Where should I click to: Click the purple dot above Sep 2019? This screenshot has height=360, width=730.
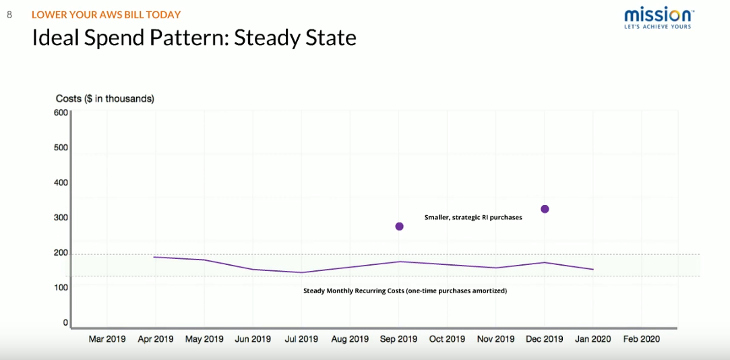click(399, 227)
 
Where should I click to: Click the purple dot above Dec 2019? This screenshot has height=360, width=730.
click(545, 209)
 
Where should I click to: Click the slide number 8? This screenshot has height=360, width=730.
click(9, 14)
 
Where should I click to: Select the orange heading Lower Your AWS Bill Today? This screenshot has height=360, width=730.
click(106, 14)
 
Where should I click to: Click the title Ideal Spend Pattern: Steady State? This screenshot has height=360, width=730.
click(194, 38)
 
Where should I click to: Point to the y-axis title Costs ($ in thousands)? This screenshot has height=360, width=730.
click(105, 98)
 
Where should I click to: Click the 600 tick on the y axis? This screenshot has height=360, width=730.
click(61, 113)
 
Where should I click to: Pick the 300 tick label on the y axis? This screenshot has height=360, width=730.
click(61, 218)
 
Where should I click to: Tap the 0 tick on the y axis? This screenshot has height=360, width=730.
click(65, 323)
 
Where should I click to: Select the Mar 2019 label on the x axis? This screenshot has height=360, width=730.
click(107, 339)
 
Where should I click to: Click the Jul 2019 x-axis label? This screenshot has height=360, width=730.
click(301, 339)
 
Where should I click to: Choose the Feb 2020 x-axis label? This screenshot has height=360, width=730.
click(641, 339)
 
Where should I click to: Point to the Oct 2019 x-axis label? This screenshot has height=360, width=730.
click(447, 339)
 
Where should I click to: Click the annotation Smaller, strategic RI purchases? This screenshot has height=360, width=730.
click(473, 218)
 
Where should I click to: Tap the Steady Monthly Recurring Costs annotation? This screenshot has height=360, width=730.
click(405, 291)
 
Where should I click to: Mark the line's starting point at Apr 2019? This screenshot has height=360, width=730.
click(155, 257)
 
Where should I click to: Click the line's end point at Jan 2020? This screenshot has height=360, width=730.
click(593, 270)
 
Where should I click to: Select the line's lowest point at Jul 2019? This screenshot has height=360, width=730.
click(301, 272)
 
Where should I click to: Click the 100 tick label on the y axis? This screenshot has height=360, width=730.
click(61, 288)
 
